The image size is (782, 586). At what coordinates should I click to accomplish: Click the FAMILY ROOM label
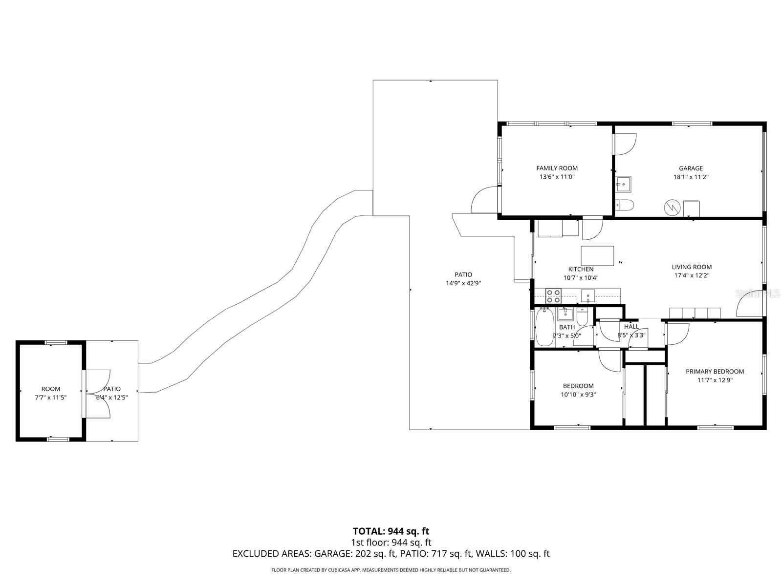(x=557, y=168)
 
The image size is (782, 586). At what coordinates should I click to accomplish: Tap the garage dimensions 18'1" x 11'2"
(x=691, y=177)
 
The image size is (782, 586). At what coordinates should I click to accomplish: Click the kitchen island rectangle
(x=597, y=256)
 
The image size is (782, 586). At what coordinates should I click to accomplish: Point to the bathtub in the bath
(x=544, y=327)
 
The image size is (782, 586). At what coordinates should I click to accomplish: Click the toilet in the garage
(x=624, y=205)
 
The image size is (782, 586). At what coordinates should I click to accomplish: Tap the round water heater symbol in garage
(x=672, y=208)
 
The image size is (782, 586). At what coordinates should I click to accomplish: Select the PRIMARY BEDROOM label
(x=715, y=371)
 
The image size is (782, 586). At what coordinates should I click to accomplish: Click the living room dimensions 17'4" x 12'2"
(x=691, y=275)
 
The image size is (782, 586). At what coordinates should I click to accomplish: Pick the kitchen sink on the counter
(x=587, y=295)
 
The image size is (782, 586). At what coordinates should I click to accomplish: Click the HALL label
(x=631, y=327)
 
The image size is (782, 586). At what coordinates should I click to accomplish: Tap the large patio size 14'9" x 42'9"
(x=463, y=283)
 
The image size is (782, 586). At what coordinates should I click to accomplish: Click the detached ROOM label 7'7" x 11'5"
(x=50, y=393)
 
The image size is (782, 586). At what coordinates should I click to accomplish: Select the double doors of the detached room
(x=98, y=394)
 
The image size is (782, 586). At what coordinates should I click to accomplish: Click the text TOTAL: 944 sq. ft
(x=391, y=531)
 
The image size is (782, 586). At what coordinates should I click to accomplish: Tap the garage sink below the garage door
(x=623, y=184)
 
